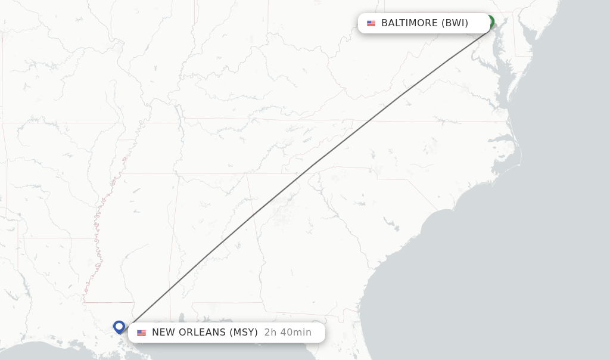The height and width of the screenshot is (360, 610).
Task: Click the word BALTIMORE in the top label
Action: click(x=409, y=23)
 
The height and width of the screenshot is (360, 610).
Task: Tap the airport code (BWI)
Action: click(x=455, y=23)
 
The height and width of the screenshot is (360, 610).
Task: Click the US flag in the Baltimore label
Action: click(x=371, y=23)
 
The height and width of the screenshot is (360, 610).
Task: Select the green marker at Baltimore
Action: click(x=490, y=21)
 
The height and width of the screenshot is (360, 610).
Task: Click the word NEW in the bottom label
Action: click(x=164, y=333)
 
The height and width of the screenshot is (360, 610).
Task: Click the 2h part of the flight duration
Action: click(x=270, y=333)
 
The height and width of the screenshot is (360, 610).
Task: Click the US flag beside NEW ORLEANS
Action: click(x=141, y=333)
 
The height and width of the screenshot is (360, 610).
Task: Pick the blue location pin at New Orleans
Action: click(x=119, y=327)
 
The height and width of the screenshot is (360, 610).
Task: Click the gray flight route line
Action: click(x=310, y=167)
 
